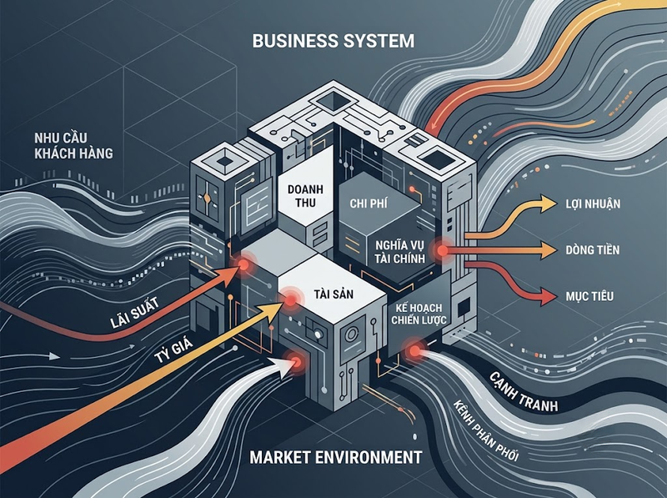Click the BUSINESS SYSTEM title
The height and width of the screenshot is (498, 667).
click(x=333, y=41)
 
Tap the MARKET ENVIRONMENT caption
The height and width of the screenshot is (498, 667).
click(x=336, y=457)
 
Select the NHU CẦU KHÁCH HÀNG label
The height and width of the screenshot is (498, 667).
click(x=73, y=146)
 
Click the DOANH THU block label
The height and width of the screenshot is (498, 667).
click(x=305, y=196)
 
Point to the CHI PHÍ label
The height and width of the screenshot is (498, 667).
click(x=369, y=204)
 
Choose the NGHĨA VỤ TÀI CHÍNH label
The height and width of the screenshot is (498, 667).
click(x=400, y=252)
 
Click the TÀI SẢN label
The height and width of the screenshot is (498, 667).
click(x=333, y=294)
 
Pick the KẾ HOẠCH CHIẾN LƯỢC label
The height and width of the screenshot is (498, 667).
click(x=419, y=314)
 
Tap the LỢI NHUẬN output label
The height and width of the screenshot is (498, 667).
click(x=593, y=204)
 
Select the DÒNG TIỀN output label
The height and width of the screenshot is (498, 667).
click(x=593, y=250)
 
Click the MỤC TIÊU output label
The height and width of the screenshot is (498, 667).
click(x=589, y=296)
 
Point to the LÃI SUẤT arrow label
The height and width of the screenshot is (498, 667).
click(x=134, y=313)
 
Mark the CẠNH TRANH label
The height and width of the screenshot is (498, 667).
click(x=523, y=391)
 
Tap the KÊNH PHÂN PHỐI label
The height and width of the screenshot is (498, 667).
click(x=485, y=430)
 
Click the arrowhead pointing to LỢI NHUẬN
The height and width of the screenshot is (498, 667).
click(x=548, y=203)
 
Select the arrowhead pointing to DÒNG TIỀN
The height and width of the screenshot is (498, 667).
click(x=548, y=250)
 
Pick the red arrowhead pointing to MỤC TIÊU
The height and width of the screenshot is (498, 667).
click(x=548, y=296)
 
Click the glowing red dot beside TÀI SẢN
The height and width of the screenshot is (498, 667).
click(x=290, y=300)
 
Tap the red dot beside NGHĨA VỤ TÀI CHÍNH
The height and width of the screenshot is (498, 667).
click(x=443, y=251)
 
